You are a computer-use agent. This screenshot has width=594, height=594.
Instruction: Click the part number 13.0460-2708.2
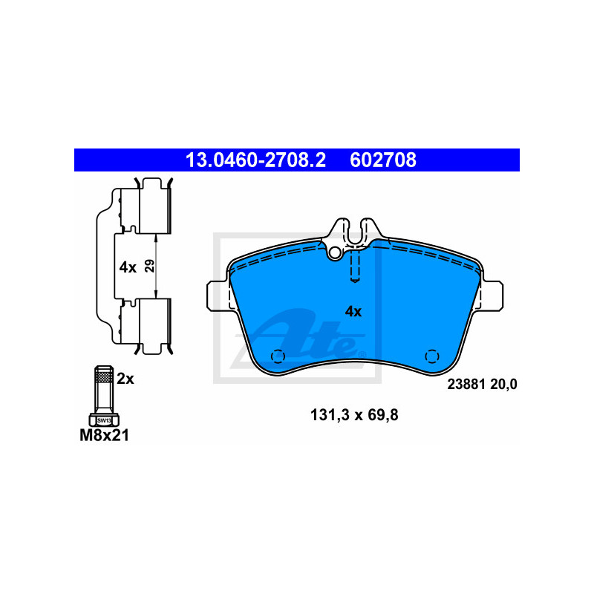click(x=255, y=160)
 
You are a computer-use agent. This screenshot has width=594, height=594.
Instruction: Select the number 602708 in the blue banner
click(x=383, y=160)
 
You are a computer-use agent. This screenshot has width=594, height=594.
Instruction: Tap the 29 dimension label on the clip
click(x=150, y=266)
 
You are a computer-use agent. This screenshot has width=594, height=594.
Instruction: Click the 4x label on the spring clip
click(x=128, y=267)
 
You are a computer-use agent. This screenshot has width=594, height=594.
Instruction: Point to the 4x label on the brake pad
click(x=353, y=312)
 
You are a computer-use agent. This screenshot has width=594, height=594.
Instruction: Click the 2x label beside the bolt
click(x=125, y=379)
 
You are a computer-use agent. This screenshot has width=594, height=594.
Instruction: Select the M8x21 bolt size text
click(x=104, y=435)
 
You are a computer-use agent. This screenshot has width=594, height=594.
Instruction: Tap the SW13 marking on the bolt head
click(x=104, y=420)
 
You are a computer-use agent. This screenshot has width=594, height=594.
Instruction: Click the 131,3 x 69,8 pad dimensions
click(x=354, y=415)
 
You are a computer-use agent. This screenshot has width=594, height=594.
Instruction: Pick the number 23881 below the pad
click(x=466, y=384)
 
